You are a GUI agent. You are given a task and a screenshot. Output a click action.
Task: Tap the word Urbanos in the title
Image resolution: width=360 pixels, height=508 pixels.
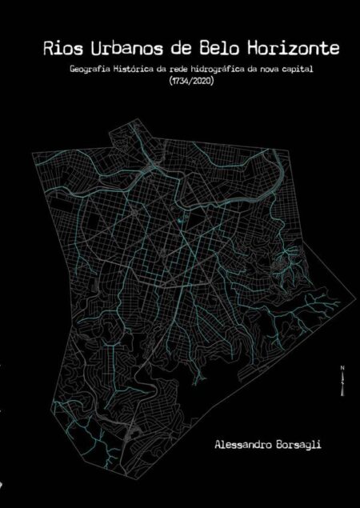[119, 49]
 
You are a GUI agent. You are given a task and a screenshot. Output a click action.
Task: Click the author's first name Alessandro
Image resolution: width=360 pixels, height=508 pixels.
[242, 442]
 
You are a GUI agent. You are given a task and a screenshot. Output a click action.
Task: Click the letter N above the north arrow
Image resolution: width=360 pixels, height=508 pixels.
[342, 368]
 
